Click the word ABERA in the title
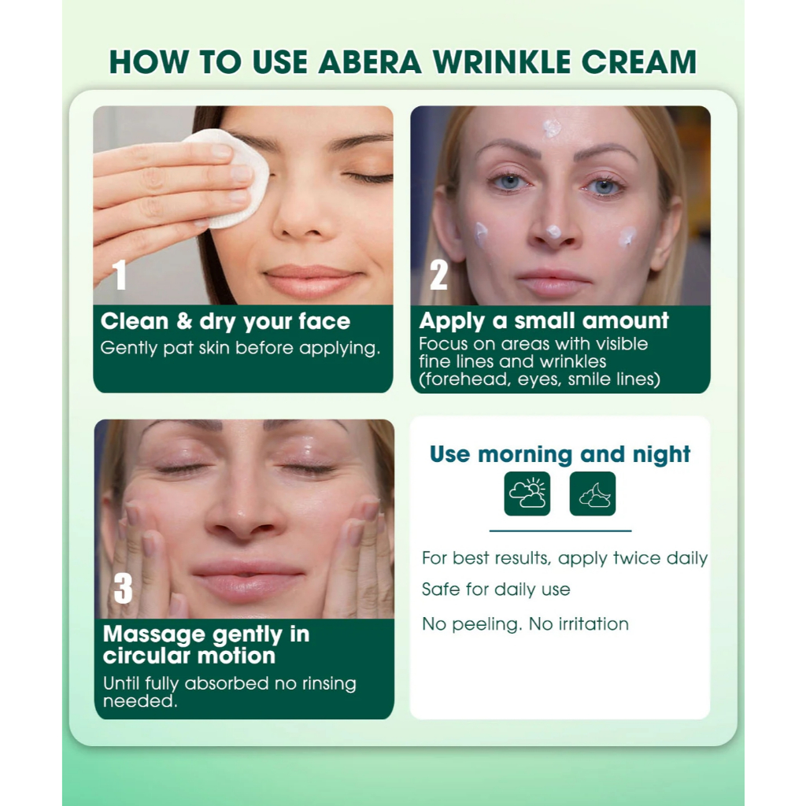(370, 62)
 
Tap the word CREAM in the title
(639, 62)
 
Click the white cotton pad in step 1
(231, 176)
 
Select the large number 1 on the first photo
(120, 275)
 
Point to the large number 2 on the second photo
(439, 275)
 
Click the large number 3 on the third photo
(123, 588)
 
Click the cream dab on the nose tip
(553, 232)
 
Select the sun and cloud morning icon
(527, 494)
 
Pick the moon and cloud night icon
(593, 494)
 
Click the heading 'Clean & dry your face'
(225, 322)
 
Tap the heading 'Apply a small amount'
(544, 321)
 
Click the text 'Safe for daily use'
(496, 589)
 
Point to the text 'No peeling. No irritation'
(525, 624)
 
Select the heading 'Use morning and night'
(560, 454)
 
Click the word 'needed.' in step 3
(140, 701)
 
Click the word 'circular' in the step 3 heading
(146, 656)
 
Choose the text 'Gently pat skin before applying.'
(241, 349)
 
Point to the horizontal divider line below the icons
(560, 531)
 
